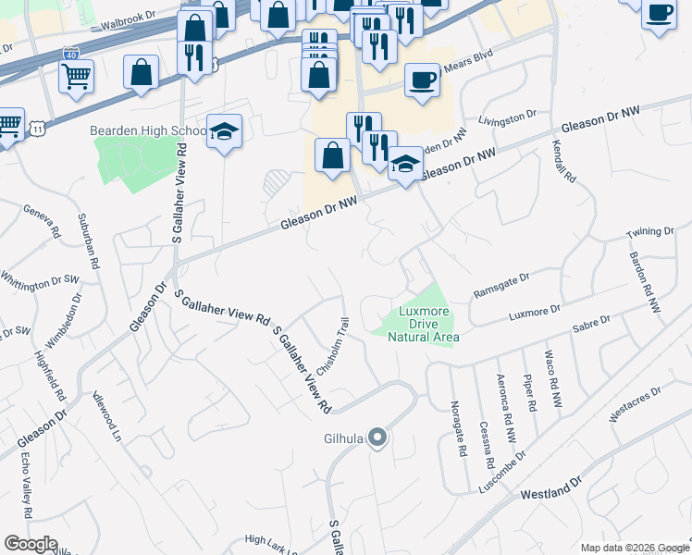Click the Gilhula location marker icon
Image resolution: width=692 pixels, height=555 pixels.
[377, 437]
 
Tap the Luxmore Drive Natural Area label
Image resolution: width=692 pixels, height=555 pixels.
[428, 325]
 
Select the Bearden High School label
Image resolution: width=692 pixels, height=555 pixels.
[147, 130]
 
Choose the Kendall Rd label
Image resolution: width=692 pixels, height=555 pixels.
[564, 160]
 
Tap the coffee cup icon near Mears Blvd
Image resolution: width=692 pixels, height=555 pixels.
[422, 80]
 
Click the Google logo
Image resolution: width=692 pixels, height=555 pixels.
[31, 544]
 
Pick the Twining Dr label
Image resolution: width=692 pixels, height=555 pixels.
[650, 231]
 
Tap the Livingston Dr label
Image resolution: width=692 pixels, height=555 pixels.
[508, 117]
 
